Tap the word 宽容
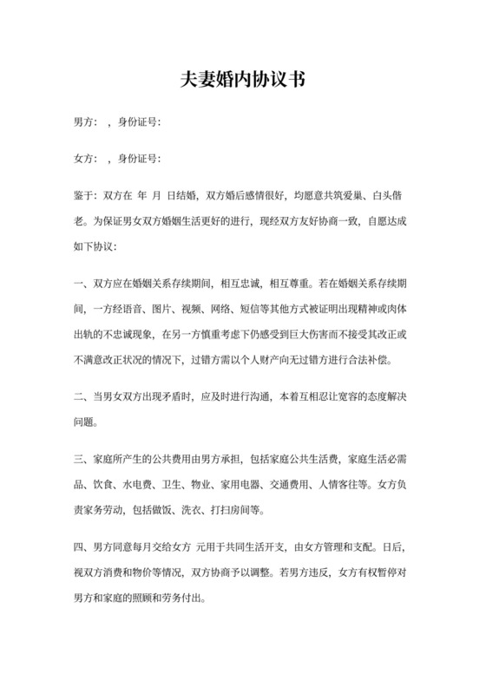(333, 397)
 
